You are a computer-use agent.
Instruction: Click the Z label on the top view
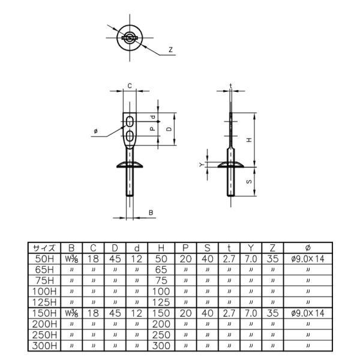click(x=170, y=50)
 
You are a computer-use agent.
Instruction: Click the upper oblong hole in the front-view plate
click(x=130, y=121)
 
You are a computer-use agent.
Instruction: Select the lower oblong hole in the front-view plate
click(x=130, y=136)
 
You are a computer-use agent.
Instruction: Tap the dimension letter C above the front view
click(x=130, y=86)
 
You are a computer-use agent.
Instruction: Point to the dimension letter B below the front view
click(x=151, y=212)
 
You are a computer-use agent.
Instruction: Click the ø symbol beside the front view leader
click(x=96, y=131)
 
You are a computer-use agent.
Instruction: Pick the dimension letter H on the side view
click(x=250, y=140)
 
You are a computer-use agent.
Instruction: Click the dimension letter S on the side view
click(x=250, y=182)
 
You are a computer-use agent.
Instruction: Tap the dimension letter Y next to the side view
click(x=202, y=164)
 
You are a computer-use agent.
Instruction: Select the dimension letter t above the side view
click(x=231, y=86)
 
